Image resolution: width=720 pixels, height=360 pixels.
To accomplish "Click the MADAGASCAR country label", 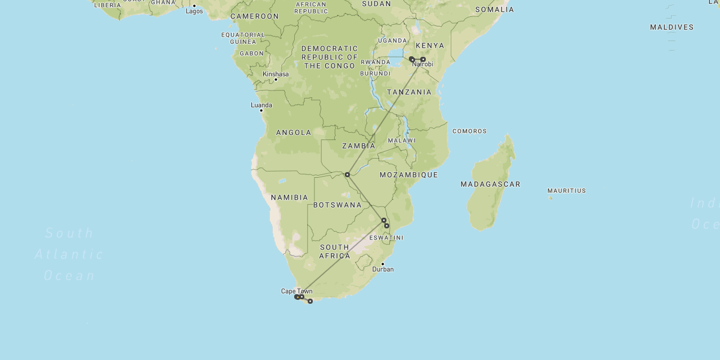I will pos(490,184).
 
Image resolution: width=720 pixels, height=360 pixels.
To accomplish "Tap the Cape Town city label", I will pos(296,291).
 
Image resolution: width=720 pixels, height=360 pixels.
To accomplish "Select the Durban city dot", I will pos(382,264).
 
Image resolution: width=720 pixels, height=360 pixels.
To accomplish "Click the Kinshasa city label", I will pos(276,74).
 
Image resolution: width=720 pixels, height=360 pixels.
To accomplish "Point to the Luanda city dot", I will pos(261,110).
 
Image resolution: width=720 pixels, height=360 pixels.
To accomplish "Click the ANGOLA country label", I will pos(294,133).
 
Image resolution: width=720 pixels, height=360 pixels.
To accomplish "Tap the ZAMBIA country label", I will pos(359,146).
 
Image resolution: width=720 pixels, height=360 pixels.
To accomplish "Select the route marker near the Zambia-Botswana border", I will pos(347,174).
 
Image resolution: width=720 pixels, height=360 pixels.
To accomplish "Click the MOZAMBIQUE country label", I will pos(409,175).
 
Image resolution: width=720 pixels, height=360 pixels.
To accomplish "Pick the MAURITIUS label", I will pos(566,191).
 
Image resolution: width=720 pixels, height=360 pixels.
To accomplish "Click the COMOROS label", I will pos(470,131).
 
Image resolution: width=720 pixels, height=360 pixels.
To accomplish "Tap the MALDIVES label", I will pos(672,27).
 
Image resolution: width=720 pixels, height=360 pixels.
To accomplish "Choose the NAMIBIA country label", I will pos(290,197).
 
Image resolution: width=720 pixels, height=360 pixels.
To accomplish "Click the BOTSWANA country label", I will pos(337,205).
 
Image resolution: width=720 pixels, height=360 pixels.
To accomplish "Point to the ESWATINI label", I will pos(386,238).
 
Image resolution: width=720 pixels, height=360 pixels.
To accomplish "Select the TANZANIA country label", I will pos(409,92).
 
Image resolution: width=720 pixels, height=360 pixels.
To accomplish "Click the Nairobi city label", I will pos(423,65).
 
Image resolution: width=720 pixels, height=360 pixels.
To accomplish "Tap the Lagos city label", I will pos(194,11).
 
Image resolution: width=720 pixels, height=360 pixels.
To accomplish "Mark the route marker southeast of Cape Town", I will pos(310,301).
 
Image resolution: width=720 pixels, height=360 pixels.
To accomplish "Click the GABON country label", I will pos(251,53).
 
